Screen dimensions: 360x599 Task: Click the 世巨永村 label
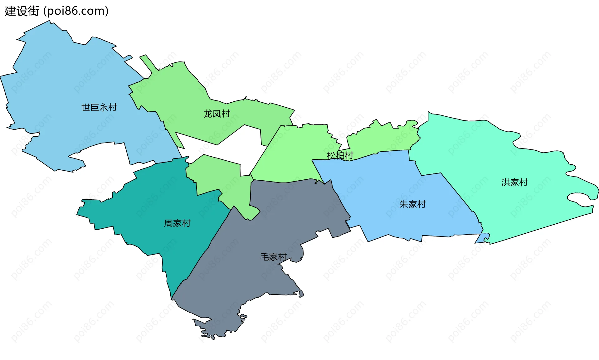(x=99, y=108)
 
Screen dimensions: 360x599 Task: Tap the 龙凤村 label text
(x=217, y=114)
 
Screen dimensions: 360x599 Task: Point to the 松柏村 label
(x=340, y=155)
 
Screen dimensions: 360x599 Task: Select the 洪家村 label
(x=514, y=182)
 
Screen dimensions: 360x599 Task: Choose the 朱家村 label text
(x=412, y=205)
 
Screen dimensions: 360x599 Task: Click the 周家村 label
(x=177, y=223)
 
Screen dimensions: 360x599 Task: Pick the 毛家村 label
(x=273, y=257)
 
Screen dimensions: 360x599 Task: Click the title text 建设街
(x=22, y=11)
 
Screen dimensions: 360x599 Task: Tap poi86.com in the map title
(x=76, y=11)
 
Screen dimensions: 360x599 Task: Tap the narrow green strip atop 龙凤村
(x=148, y=62)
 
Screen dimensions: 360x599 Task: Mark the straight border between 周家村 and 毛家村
(x=201, y=253)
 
